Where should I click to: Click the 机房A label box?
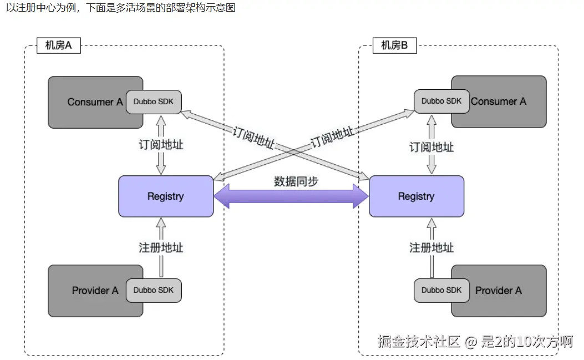click(59, 45)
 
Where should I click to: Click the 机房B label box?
click(395, 45)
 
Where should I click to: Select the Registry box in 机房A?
click(166, 196)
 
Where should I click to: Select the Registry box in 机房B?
click(417, 196)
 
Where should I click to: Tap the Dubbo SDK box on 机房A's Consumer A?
click(154, 102)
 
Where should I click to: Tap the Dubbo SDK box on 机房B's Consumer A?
click(441, 102)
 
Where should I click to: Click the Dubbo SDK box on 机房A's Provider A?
click(154, 290)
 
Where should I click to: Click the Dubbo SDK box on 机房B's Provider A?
click(441, 290)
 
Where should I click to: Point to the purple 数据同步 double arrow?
click(291, 196)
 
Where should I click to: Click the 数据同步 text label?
click(296, 181)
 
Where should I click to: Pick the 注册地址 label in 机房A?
click(161, 247)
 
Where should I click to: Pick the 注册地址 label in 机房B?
click(431, 247)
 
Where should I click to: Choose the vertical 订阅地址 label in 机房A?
click(161, 145)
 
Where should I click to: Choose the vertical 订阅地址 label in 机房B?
click(431, 147)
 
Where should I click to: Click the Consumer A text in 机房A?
click(95, 102)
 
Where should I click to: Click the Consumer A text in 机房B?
click(499, 102)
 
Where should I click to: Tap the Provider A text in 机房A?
click(95, 290)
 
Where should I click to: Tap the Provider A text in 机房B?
click(499, 290)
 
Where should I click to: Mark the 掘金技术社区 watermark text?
click(419, 341)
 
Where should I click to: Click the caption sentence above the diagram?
click(121, 7)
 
